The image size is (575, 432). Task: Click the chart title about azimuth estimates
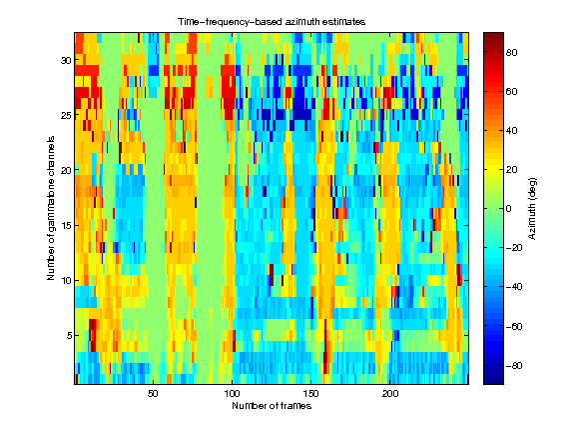pyautogui.click(x=272, y=20)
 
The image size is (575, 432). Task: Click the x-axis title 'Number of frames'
pyautogui.click(x=272, y=407)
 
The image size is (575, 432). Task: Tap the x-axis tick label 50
pyautogui.click(x=153, y=395)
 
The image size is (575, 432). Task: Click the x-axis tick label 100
pyautogui.click(x=232, y=395)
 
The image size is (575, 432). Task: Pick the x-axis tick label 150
pyautogui.click(x=311, y=395)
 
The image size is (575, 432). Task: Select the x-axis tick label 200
pyautogui.click(x=390, y=395)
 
